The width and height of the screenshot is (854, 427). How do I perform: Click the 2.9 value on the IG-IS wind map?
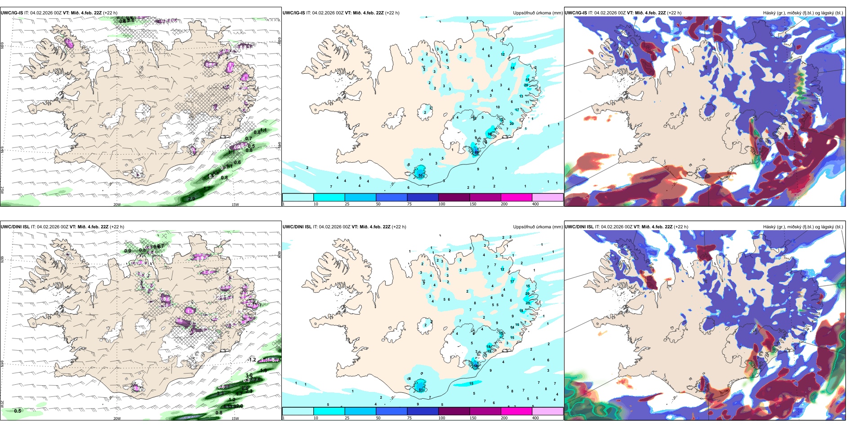[191, 199]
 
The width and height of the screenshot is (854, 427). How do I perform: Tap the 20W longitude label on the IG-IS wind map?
[117, 205]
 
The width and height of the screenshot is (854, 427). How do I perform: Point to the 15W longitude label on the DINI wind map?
[235, 418]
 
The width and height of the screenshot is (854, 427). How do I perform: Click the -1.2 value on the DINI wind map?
[252, 360]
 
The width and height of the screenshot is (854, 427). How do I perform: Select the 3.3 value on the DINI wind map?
[220, 393]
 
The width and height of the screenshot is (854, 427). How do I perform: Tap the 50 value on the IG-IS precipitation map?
[421, 175]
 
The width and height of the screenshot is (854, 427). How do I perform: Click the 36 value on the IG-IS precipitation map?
[490, 134]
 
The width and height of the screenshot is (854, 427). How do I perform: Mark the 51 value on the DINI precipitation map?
[421, 390]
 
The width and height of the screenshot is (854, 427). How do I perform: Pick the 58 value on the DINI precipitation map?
[476, 366]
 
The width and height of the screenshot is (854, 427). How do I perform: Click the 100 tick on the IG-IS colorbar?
[442, 204]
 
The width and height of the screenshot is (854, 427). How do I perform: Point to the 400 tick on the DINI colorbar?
[535, 418]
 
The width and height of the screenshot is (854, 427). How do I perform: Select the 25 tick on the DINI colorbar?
[347, 418]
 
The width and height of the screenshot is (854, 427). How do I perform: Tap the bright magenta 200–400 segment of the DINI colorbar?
[516, 411]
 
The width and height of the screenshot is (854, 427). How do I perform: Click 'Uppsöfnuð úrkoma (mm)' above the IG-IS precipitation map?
[538, 13]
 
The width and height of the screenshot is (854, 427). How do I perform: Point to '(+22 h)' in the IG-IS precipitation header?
[392, 13]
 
